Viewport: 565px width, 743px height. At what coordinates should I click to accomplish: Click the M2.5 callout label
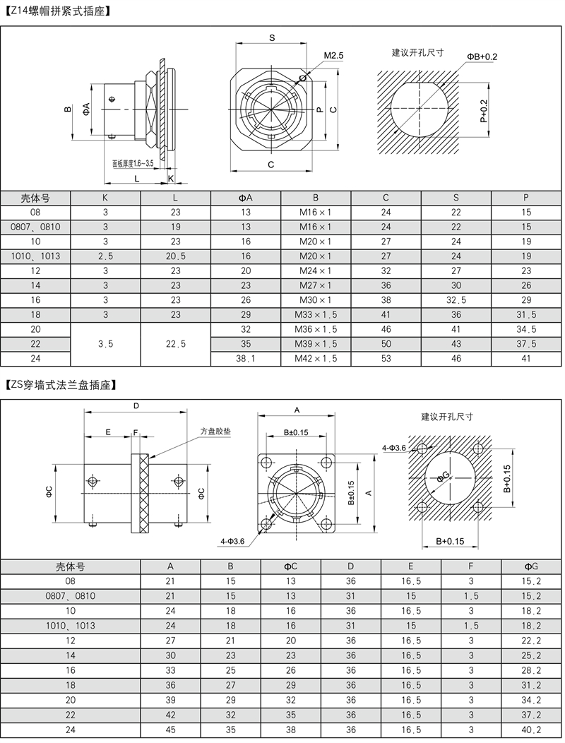pyautogui.click(x=333, y=56)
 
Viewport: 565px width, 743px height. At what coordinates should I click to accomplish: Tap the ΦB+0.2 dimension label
pyautogui.click(x=482, y=57)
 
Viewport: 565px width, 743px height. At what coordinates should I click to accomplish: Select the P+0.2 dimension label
pyautogui.click(x=483, y=111)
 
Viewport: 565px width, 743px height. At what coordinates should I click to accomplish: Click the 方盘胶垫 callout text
pyautogui.click(x=215, y=432)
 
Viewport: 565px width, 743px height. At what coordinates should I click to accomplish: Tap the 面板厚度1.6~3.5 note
pyautogui.click(x=133, y=163)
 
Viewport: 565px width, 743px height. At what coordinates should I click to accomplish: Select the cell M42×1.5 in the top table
pyautogui.click(x=316, y=358)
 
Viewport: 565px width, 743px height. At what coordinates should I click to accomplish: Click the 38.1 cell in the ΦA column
pyautogui.click(x=246, y=358)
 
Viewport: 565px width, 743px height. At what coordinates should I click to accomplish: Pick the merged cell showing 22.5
pyautogui.click(x=175, y=344)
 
